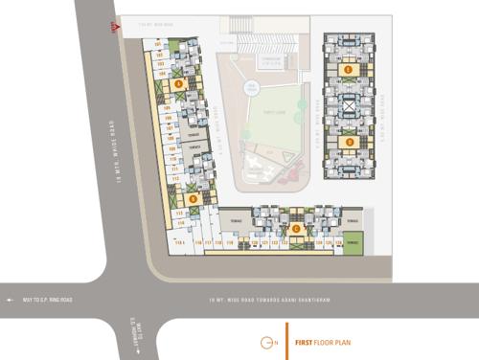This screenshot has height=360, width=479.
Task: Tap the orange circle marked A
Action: click(178, 83)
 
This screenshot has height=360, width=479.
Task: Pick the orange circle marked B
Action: click(193, 198)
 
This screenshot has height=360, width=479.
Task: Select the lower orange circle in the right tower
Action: click(350, 143)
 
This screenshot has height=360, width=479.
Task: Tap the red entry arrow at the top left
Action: click(115, 29)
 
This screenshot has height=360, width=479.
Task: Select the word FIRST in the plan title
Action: click(305, 342)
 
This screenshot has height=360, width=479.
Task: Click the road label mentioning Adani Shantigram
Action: click(268, 300)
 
